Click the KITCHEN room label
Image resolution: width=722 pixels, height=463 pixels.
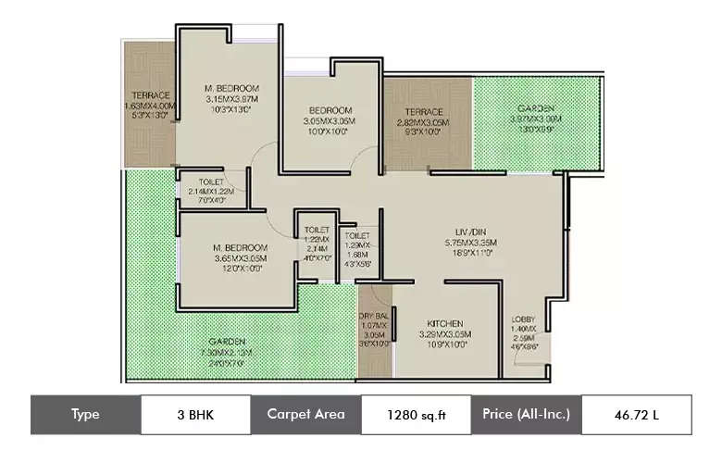pyautogui.click(x=444, y=323)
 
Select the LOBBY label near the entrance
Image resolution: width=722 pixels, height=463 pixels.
pyautogui.click(x=523, y=319)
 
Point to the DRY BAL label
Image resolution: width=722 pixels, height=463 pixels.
pyautogui.click(x=375, y=316)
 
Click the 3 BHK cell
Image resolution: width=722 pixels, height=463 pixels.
pyautogui.click(x=195, y=414)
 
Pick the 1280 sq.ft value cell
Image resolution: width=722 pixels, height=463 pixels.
pyautogui.click(x=416, y=414)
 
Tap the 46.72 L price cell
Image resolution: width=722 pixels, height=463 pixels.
pyautogui.click(x=636, y=414)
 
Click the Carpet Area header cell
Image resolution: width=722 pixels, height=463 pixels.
pyautogui.click(x=305, y=414)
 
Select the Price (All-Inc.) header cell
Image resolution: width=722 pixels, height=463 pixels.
pyautogui.click(x=526, y=414)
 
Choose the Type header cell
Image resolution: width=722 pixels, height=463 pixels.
pyautogui.click(x=85, y=414)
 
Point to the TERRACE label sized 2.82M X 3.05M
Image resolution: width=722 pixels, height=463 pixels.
pyautogui.click(x=422, y=112)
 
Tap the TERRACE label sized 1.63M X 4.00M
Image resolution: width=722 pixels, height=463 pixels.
pyautogui.click(x=150, y=95)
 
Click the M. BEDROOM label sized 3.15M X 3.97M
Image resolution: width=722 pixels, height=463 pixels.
pyautogui.click(x=232, y=89)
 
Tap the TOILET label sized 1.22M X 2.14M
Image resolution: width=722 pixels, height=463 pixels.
pyautogui.click(x=317, y=230)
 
